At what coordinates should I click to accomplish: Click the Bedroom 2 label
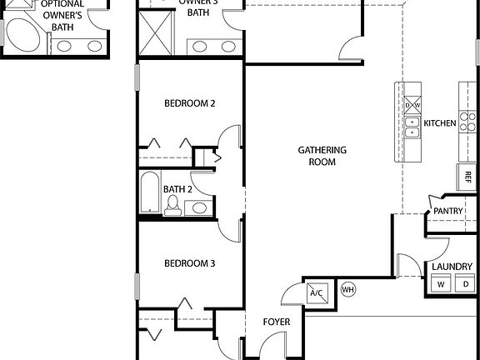click(189, 103)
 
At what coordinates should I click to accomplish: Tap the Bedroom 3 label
click(189, 263)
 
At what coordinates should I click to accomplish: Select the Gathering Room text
click(322, 156)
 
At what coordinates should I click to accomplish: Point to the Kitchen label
click(440, 123)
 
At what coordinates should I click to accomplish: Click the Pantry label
click(447, 212)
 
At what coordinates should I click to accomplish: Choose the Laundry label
click(452, 267)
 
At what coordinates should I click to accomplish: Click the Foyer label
click(276, 322)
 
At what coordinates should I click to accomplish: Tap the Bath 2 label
click(177, 189)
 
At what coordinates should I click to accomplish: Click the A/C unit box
click(317, 292)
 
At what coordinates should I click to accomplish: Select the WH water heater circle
click(347, 290)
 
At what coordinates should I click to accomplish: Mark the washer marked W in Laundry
click(440, 285)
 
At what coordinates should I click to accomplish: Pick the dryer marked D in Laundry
click(465, 285)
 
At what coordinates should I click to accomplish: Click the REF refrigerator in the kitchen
click(467, 177)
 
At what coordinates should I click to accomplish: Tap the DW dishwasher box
click(412, 106)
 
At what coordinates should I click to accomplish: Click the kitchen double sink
click(412, 126)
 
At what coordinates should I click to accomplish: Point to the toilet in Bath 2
click(172, 206)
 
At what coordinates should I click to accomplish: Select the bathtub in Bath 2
click(150, 192)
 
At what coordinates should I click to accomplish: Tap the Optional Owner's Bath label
click(62, 15)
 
